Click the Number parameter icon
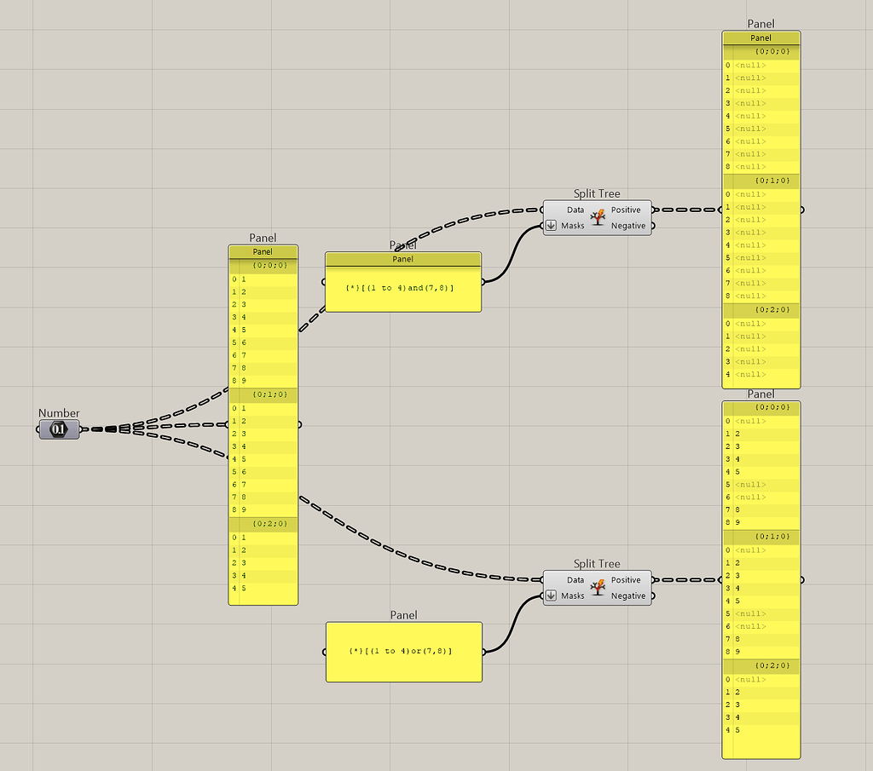click(59, 429)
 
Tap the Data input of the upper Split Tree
click(575, 210)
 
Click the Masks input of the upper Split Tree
click(573, 226)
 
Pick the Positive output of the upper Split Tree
click(626, 210)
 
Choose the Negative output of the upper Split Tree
click(628, 226)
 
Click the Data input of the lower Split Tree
click(575, 580)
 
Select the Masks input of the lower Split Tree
click(573, 596)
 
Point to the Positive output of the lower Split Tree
click(626, 580)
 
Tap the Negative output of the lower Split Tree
click(628, 596)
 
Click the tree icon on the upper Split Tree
click(598, 217)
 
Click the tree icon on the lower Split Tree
click(598, 588)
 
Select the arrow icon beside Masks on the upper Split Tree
click(551, 226)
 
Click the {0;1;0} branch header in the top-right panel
click(772, 181)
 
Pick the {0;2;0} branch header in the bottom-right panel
click(772, 665)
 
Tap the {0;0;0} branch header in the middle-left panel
click(269, 265)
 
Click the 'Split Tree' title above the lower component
click(597, 564)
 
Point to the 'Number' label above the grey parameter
click(59, 413)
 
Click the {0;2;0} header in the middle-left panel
click(269, 524)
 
